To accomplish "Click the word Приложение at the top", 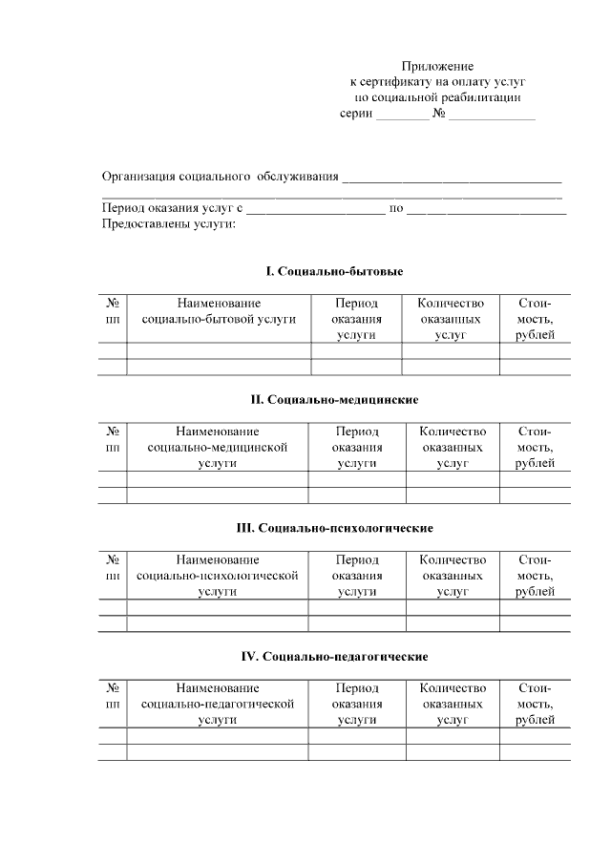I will tap(437, 66).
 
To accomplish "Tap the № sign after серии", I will tap(439, 114).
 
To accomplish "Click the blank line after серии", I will tap(402, 116).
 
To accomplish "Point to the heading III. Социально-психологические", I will tap(334, 527).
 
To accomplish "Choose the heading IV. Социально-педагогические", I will tap(333, 656).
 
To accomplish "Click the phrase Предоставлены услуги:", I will tap(167, 223).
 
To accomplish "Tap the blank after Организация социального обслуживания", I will tap(452, 179).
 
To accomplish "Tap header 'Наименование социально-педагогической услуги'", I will tap(218, 704).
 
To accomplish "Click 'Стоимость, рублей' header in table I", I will tap(535, 318).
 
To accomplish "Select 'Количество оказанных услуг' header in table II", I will tap(453, 447).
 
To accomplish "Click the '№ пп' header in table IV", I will tap(113, 695).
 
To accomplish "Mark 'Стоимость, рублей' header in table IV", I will tap(535, 704).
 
